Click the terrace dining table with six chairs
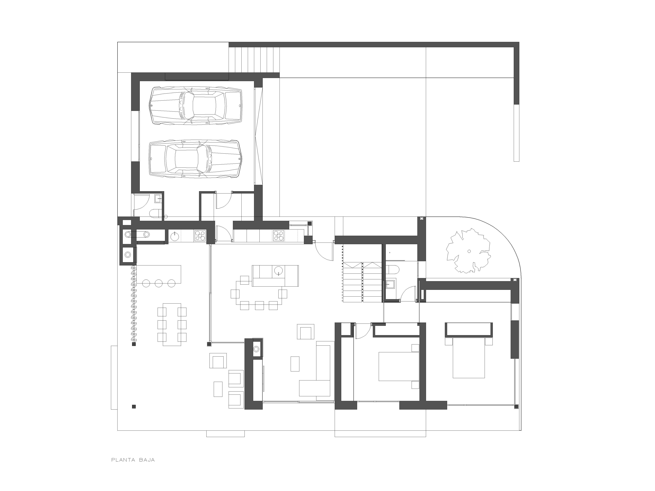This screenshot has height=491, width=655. point(172,324)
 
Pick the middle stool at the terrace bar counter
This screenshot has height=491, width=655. point(159,283)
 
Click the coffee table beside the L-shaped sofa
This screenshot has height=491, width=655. point(295,364)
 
